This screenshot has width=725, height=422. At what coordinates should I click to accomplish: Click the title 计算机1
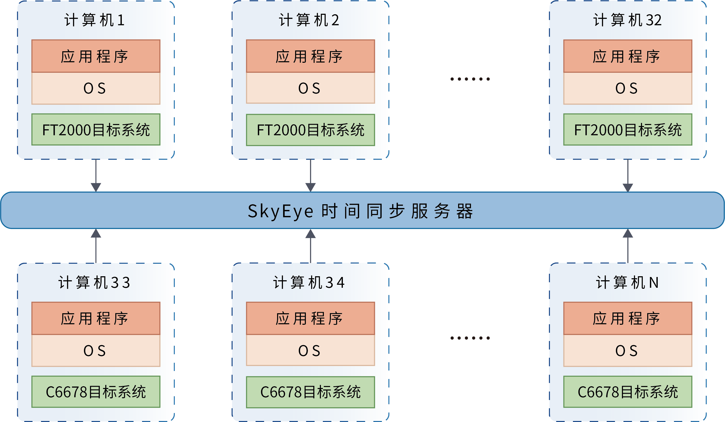click(95, 20)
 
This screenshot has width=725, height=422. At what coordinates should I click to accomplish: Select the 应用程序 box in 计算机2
click(310, 56)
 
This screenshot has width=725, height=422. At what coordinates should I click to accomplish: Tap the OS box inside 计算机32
click(627, 88)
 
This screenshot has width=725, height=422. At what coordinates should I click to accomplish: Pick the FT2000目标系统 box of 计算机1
click(96, 130)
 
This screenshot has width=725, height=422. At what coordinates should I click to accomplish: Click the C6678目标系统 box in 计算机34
click(310, 392)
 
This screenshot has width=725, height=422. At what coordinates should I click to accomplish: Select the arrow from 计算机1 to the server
click(96, 175)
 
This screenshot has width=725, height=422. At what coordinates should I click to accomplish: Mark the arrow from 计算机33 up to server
click(96, 246)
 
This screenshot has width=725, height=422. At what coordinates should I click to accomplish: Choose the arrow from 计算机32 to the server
click(627, 175)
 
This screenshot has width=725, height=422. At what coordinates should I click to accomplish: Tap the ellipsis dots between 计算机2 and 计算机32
click(470, 79)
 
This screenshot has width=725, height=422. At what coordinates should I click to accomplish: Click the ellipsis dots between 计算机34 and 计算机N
click(470, 338)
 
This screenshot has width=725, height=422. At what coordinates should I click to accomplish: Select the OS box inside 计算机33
click(96, 351)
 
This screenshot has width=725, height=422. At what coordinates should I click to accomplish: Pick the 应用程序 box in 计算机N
click(627, 318)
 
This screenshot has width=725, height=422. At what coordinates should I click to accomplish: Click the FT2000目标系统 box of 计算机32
click(627, 130)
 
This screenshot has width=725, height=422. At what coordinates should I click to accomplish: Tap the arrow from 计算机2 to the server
click(310, 175)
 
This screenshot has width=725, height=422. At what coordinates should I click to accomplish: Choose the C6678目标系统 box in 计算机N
click(627, 392)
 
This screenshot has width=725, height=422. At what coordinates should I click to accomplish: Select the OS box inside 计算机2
click(310, 88)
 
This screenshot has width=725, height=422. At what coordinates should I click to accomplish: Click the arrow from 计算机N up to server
click(627, 246)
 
